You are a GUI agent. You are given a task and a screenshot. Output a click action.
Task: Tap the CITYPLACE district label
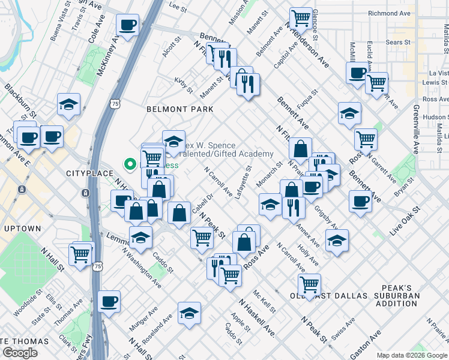click(x=86, y=173)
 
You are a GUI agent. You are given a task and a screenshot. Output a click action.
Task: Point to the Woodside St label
click(x=28, y=302)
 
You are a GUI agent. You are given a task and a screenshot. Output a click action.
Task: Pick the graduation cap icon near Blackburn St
click(x=69, y=104)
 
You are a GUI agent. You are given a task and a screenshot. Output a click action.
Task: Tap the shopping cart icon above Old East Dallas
click(x=309, y=283)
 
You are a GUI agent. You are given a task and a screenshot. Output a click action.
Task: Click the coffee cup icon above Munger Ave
click(x=109, y=301)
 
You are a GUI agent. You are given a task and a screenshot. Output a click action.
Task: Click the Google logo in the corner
click(x=20, y=353)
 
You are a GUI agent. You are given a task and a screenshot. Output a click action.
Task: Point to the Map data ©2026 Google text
click(x=412, y=355)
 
